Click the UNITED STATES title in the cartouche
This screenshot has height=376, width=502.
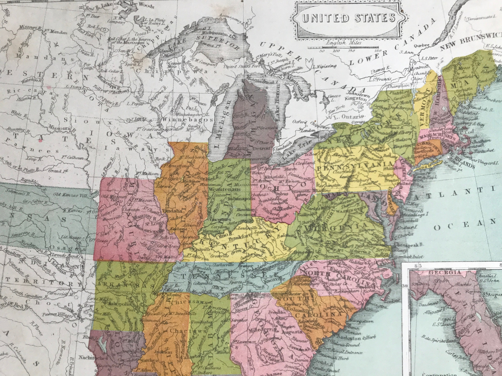(x=349, y=18)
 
